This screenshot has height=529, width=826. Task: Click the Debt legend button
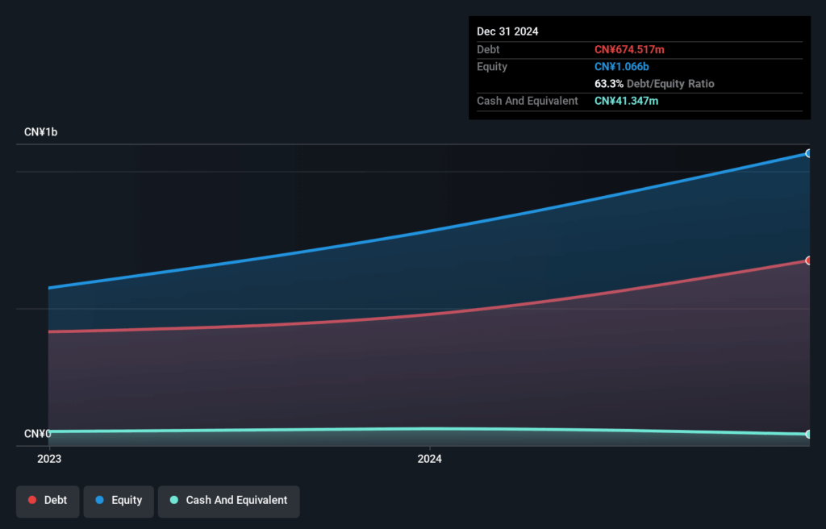coord(48,501)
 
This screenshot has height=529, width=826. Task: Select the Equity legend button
coord(119,501)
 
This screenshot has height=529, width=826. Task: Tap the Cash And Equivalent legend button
coord(228,501)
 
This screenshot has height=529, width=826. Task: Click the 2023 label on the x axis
coord(49,459)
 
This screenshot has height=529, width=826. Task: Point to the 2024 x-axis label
coord(429,459)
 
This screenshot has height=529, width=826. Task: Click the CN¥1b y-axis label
coord(41,131)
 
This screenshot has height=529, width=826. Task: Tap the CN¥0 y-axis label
coord(37,434)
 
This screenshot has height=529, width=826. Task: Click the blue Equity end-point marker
coord(808,153)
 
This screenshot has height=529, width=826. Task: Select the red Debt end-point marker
coord(808,260)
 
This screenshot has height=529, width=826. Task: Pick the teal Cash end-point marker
coord(808,434)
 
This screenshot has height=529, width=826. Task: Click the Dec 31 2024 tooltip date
coord(507,31)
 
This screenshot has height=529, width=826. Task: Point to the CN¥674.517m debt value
coord(629,50)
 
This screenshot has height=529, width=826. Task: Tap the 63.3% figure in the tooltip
coord(609,84)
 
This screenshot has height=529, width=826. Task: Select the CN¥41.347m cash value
coord(626,101)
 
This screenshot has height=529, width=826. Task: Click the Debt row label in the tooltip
coord(490,50)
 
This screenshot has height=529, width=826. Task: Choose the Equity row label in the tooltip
coord(492,67)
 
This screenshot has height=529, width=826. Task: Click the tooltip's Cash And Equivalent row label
coord(528,101)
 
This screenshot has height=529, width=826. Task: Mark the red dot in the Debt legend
coord(32,501)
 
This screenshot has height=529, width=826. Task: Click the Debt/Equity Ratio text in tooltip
coord(670,84)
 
